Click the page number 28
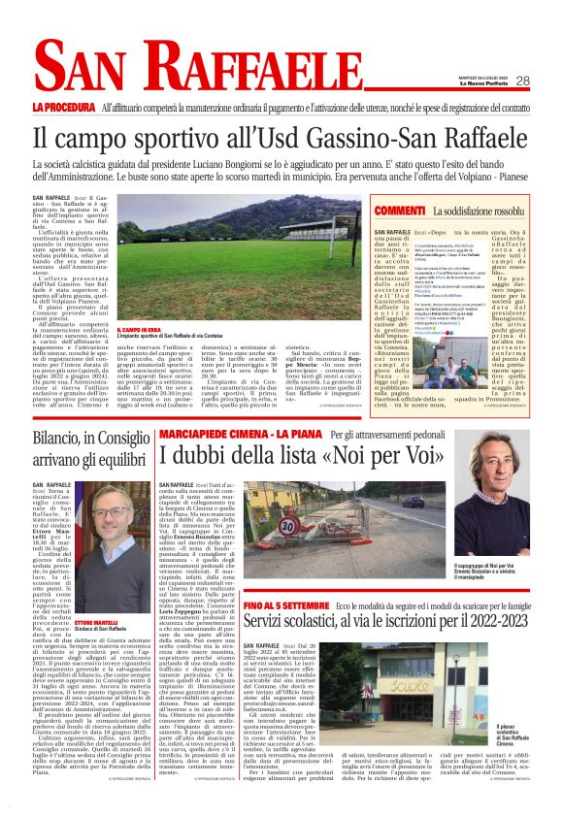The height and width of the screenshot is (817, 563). pos(522,81)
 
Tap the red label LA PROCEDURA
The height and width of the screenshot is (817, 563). pos(62,105)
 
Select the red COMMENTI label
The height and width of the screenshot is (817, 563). pos(400,211)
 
